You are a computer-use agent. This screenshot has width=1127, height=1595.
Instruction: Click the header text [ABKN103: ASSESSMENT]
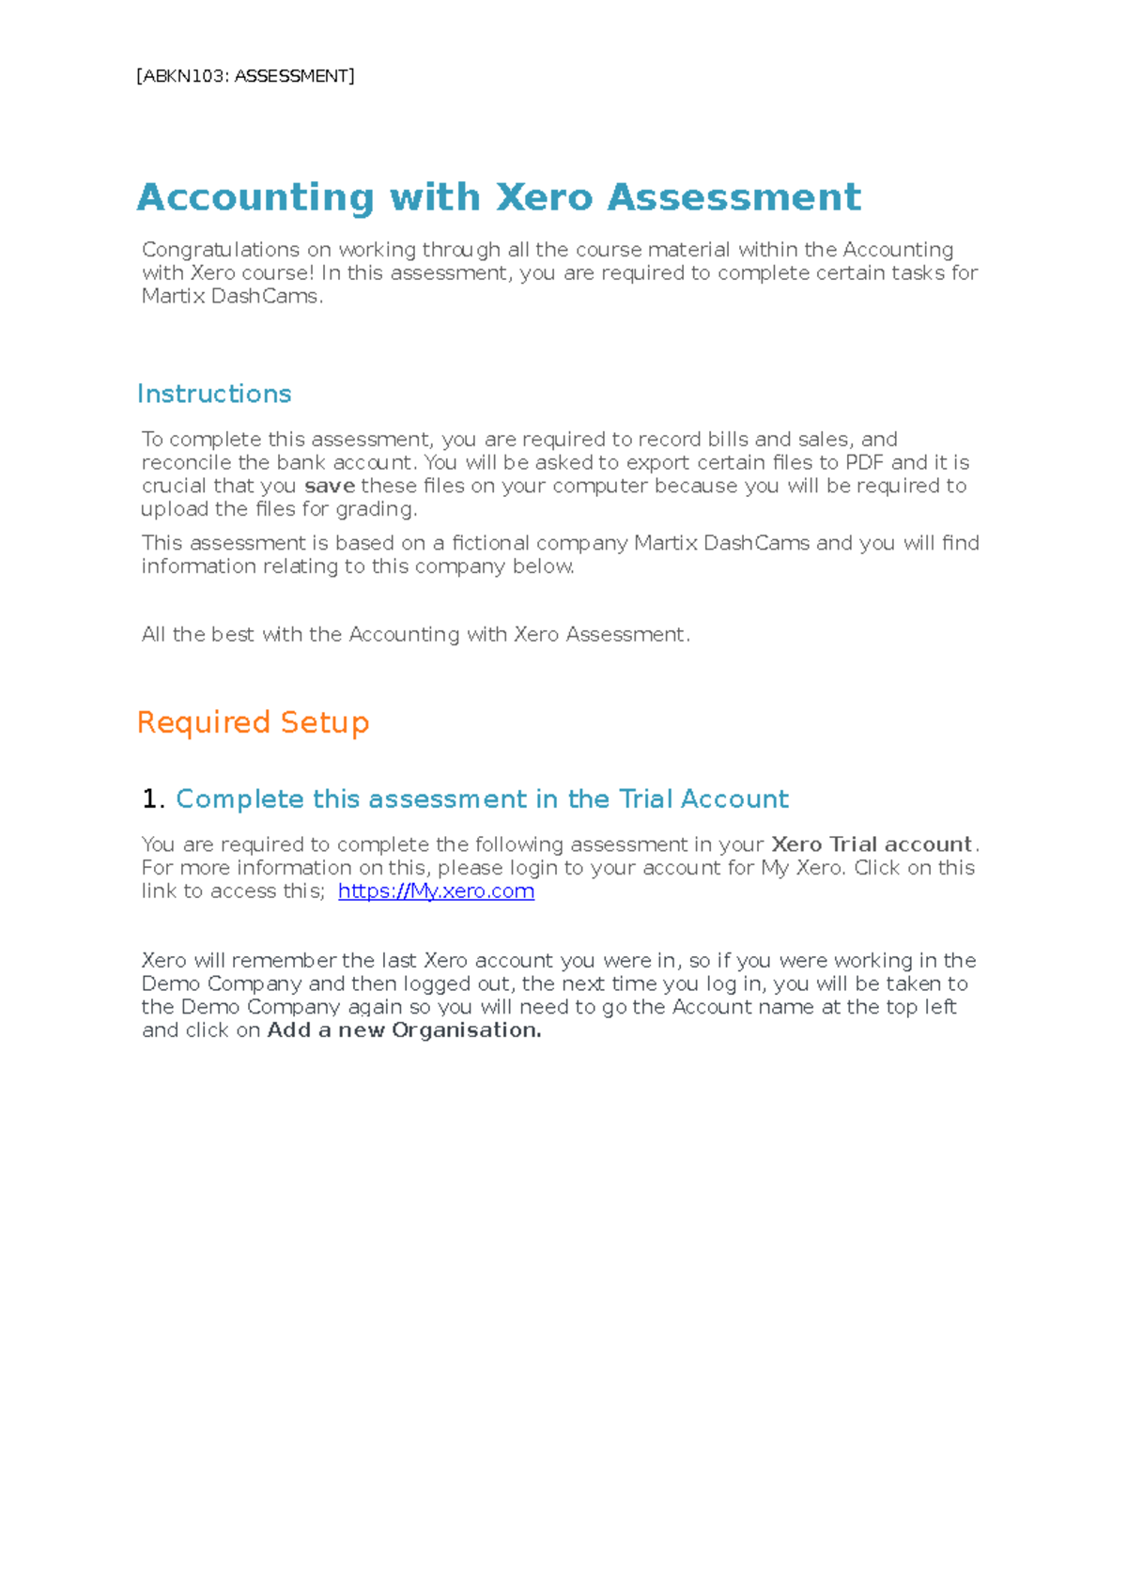[245, 76]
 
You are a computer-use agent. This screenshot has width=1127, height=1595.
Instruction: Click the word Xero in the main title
[544, 198]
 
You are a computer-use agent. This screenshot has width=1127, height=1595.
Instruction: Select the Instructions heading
[214, 394]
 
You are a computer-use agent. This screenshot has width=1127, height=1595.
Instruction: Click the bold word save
[330, 486]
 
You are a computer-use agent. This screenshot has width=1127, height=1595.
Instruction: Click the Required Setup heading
[253, 722]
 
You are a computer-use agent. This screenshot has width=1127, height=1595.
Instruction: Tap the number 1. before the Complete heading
[153, 798]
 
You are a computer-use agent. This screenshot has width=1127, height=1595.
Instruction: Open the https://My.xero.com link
[436, 890]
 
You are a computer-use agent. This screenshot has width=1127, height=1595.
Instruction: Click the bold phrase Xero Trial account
[871, 844]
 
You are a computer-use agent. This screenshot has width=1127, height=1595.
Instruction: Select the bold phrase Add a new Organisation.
[404, 1030]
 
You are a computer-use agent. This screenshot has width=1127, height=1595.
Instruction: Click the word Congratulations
[221, 250]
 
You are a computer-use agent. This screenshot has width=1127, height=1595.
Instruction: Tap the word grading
[380, 509]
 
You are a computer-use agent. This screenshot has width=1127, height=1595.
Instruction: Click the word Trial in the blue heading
[645, 798]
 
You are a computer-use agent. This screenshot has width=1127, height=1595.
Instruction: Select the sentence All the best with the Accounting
[415, 634]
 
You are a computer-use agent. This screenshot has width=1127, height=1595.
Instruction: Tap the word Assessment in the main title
[733, 198]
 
